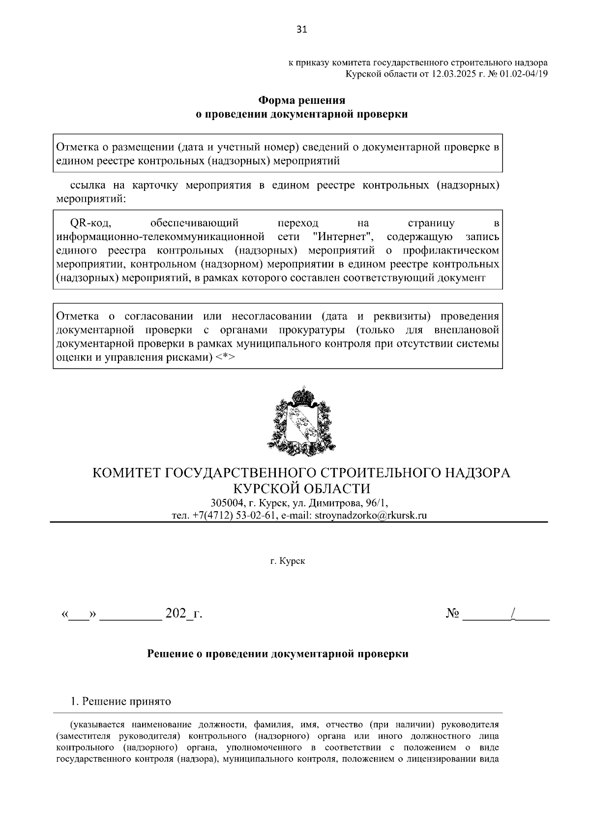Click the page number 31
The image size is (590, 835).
pyautogui.click(x=301, y=30)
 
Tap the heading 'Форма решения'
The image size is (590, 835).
pyautogui.click(x=302, y=100)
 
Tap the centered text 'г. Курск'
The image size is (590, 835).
pyautogui.click(x=288, y=561)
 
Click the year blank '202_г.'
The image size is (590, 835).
pyautogui.click(x=184, y=614)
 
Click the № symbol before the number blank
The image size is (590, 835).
pyautogui.click(x=452, y=614)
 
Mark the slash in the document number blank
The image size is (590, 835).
pyautogui.click(x=513, y=614)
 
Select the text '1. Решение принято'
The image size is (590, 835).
pyautogui.click(x=121, y=701)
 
